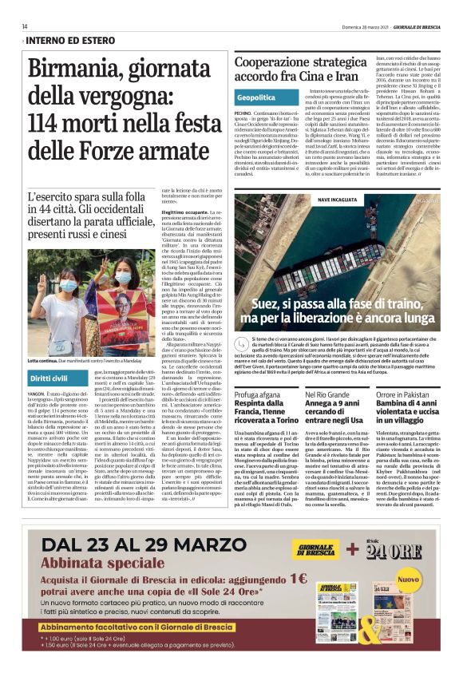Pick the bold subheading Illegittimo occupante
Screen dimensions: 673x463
coord(184,212)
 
